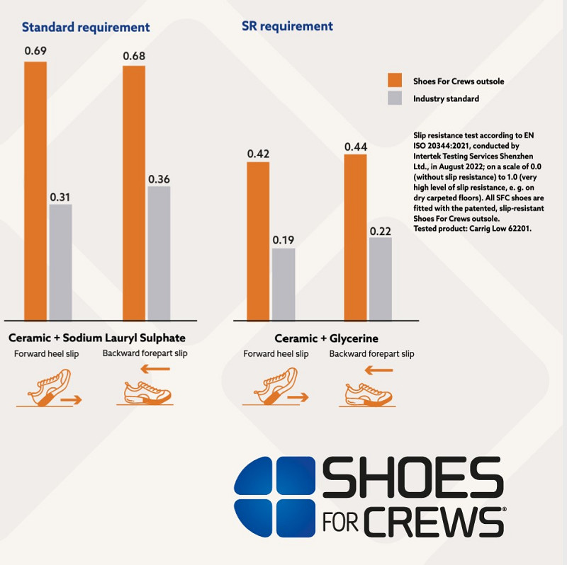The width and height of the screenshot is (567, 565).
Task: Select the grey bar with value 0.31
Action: click(x=60, y=261)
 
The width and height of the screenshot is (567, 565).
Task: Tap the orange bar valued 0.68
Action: click(x=134, y=192)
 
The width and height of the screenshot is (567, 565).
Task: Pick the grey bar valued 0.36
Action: click(x=159, y=252)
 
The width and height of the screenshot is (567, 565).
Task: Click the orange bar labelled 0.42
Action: click(x=258, y=240)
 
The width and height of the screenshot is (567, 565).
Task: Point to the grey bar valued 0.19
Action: click(x=283, y=283)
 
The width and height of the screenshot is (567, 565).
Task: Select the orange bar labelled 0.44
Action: click(x=355, y=236)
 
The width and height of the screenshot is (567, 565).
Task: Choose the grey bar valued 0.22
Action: click(x=381, y=278)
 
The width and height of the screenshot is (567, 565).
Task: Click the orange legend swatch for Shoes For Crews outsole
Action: click(x=395, y=80)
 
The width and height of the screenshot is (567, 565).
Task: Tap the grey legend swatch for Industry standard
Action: click(x=395, y=98)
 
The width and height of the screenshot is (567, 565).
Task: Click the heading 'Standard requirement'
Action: click(x=86, y=28)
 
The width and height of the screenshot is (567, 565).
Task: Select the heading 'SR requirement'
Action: click(x=287, y=26)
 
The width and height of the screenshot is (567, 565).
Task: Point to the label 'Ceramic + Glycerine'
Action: click(x=326, y=338)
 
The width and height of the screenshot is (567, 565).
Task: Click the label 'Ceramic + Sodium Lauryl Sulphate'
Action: click(x=97, y=338)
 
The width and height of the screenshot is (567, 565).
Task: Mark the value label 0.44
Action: click(x=355, y=147)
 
